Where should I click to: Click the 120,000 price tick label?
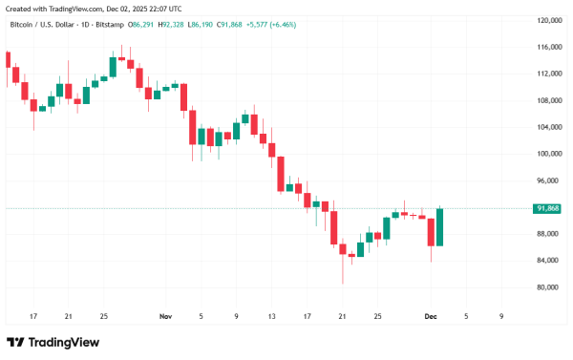(x=547, y=20)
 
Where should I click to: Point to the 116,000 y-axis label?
(x=547, y=47)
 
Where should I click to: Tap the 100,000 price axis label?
(x=547, y=154)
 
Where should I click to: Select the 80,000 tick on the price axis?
(x=547, y=287)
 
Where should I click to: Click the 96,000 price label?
(x=547, y=180)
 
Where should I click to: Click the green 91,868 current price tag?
(x=547, y=208)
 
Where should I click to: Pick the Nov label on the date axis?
(x=165, y=315)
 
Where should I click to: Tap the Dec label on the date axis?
(x=430, y=315)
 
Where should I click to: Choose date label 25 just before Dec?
(x=377, y=315)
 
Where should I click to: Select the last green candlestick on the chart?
(x=440, y=226)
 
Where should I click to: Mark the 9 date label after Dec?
(x=501, y=315)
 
